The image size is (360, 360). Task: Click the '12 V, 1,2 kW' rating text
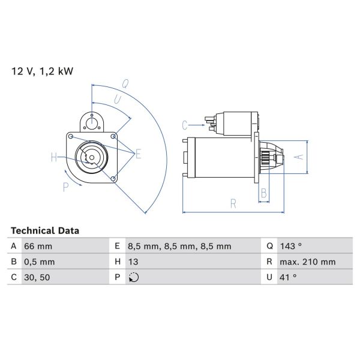point(42,71)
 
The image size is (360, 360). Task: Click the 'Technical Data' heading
point(45,230)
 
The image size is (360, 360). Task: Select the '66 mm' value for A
point(38,246)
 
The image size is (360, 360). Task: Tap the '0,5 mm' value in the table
point(39,262)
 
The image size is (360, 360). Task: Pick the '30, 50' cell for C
point(37,277)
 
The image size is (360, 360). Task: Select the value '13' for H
point(134,262)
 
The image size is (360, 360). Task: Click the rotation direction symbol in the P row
point(134,277)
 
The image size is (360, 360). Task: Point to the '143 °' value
point(291,246)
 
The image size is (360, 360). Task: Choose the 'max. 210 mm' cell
point(307,262)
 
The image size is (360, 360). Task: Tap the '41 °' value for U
point(288,277)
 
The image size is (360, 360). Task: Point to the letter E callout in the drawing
point(138,154)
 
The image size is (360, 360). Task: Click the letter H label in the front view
point(53,158)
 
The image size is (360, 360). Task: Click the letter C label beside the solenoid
point(185,125)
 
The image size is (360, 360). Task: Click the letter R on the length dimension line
point(233,203)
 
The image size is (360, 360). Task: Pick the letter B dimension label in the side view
point(263,193)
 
